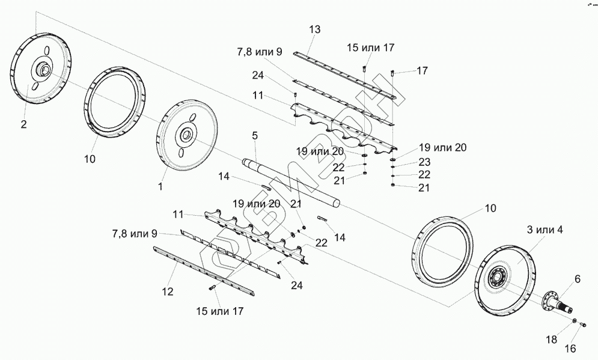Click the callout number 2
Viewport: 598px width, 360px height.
[23, 124]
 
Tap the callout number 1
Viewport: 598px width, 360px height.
[160, 186]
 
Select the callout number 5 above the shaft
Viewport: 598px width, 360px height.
[255, 135]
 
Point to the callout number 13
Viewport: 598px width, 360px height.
[315, 29]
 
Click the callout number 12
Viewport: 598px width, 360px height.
[168, 291]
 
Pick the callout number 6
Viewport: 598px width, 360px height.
[578, 279]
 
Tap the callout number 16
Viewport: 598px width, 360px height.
[570, 349]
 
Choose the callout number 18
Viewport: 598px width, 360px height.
[552, 339]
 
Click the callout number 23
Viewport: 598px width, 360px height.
[424, 162]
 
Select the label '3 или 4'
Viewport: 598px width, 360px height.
[545, 230]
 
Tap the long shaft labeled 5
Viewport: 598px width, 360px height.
[291, 184]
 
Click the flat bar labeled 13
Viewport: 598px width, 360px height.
[346, 74]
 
